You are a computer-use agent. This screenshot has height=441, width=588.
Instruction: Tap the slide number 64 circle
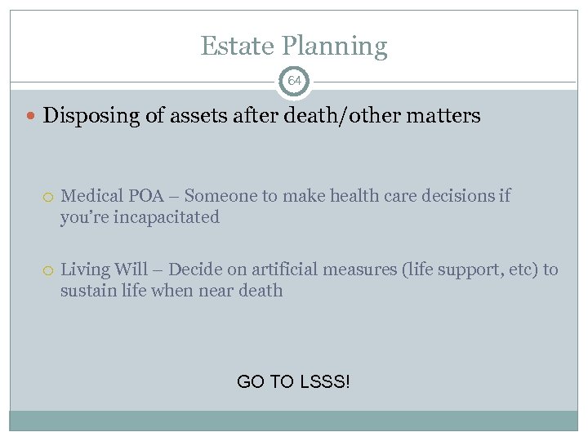[294, 82]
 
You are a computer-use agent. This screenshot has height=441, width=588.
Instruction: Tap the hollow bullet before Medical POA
[49, 197]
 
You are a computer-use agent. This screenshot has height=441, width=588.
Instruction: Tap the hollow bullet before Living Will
[49, 269]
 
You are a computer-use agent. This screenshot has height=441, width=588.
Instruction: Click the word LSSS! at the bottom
[326, 381]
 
